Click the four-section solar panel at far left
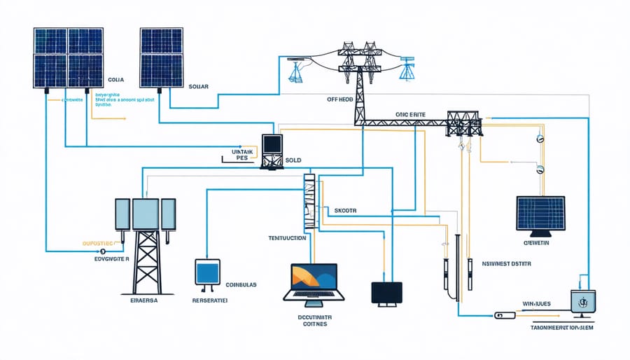(x=68, y=58)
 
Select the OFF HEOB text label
(x=341, y=99)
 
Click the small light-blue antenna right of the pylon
(x=407, y=71)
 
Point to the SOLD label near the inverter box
(x=293, y=160)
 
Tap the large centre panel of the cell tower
(x=146, y=214)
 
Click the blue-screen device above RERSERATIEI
(x=207, y=273)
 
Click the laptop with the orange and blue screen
(x=309, y=282)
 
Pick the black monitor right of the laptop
(x=387, y=293)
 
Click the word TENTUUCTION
(x=288, y=238)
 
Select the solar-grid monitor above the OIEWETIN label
(x=540, y=214)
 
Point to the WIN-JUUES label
(x=537, y=304)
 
